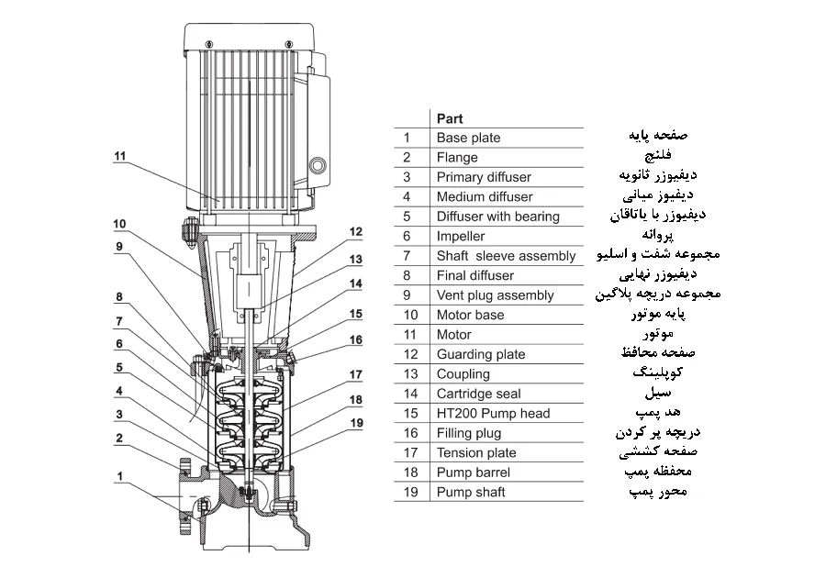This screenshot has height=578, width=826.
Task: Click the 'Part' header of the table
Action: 450,118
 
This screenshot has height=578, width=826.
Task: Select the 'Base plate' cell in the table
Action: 468,138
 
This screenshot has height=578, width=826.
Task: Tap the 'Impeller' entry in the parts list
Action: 457,236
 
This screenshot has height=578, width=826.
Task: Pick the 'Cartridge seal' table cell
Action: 478,394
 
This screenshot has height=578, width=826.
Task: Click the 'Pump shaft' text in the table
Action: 471,492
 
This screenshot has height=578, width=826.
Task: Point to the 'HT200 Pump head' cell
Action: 493,413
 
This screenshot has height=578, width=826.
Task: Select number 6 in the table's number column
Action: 407,236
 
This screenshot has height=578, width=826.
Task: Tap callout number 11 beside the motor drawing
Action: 119,156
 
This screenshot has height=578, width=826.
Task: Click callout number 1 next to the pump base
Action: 119,475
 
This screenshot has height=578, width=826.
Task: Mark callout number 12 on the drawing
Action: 356,232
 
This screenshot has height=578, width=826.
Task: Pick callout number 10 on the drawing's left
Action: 119,224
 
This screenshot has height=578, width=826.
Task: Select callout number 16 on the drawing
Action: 356,339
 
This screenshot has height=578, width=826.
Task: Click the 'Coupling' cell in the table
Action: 463,373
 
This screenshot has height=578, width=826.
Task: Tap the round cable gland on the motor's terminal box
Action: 318,165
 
